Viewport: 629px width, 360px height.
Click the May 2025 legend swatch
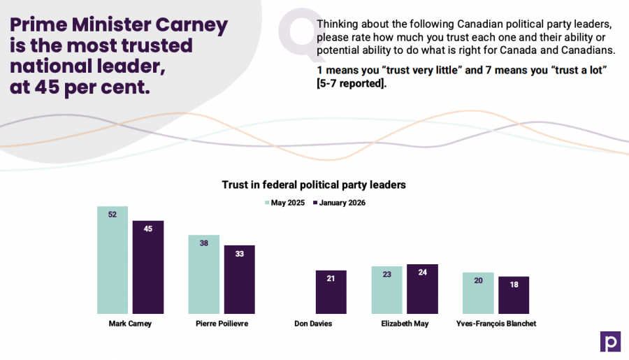(267, 203)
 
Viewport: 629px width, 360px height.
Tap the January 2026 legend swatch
(315, 203)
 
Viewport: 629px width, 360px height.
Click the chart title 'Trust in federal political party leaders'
(314, 185)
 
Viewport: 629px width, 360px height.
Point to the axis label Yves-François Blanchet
(496, 324)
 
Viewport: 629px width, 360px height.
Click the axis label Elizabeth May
(405, 324)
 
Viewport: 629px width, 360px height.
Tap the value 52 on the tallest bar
(113, 215)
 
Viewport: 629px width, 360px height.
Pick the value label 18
(514, 285)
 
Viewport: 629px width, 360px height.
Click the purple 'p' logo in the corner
(610, 341)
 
